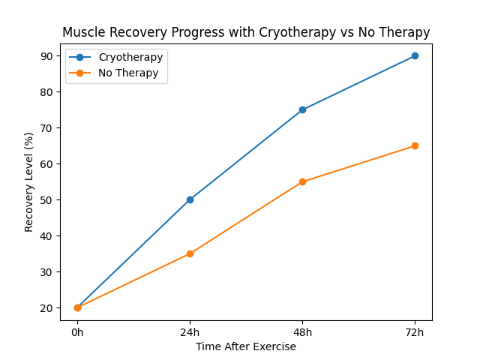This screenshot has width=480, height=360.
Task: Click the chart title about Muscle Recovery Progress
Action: (246, 32)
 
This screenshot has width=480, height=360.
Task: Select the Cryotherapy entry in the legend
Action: (130, 57)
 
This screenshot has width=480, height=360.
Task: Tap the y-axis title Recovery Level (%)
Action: (29, 181)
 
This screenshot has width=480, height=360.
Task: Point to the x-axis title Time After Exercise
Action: (246, 346)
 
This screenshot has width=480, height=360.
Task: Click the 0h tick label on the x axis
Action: (77, 332)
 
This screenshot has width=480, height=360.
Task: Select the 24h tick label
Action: (190, 332)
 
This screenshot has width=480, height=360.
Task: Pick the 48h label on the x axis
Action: (302, 332)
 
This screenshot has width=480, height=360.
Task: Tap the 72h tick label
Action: (415, 332)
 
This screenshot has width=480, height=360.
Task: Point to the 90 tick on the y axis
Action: (47, 56)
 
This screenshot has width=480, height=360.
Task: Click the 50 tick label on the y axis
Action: (47, 200)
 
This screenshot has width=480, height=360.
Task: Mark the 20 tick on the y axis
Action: (47, 308)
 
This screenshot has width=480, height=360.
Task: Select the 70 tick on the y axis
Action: (47, 128)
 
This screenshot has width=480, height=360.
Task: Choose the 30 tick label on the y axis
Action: (47, 272)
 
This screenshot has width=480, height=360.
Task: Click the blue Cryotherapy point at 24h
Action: (190, 199)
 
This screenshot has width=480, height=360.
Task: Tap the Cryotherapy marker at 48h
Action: (302, 109)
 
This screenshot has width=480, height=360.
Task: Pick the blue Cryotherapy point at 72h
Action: (415, 55)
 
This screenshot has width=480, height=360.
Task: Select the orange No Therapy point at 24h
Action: (190, 253)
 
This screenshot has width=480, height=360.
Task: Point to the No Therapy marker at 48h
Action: (302, 181)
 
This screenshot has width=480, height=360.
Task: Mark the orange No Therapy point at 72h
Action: (415, 145)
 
